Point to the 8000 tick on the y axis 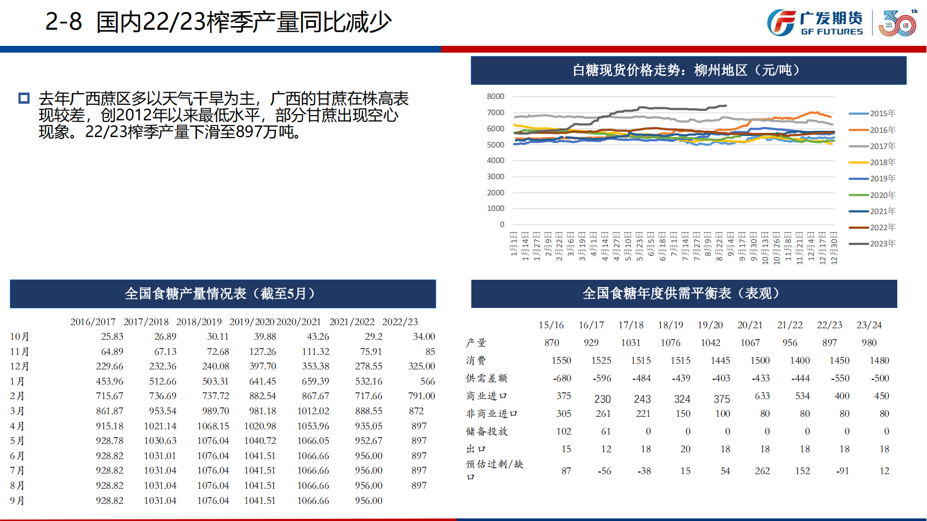[x=495, y=96]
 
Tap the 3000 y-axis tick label [x=495, y=177]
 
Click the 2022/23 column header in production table [x=400, y=322]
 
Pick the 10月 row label [x=19, y=337]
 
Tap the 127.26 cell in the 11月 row [x=263, y=352]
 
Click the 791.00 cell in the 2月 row [x=421, y=396]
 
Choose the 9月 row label [x=17, y=501]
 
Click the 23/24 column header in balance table [x=869, y=325]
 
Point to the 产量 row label [x=476, y=343]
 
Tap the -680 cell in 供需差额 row [x=562, y=378]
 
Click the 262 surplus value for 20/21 [x=762, y=471]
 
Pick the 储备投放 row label [x=486, y=431]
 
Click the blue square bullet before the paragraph [x=24, y=98]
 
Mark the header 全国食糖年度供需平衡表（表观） [x=683, y=294]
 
